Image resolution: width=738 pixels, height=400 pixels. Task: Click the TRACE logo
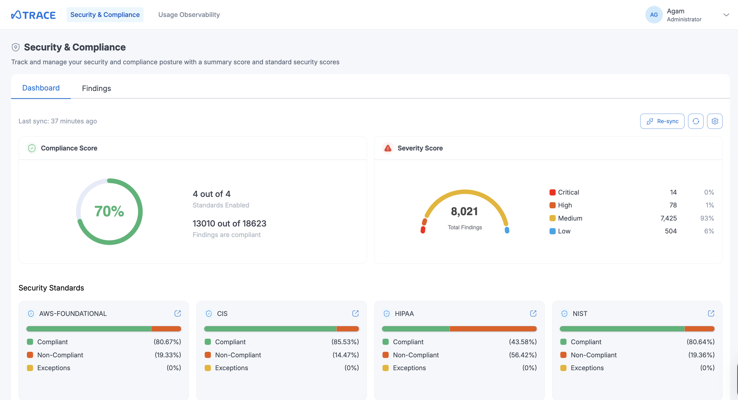pyautogui.click(x=33, y=15)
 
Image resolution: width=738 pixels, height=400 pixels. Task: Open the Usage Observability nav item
pyautogui.click(x=189, y=15)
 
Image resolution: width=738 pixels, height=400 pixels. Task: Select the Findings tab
pyautogui.click(x=96, y=88)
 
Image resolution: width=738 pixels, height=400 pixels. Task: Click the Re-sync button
pyautogui.click(x=662, y=121)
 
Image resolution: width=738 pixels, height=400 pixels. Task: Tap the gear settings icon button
pyautogui.click(x=715, y=121)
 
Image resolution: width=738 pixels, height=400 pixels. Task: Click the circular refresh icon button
pyautogui.click(x=696, y=121)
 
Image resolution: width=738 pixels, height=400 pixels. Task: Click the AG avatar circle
pyautogui.click(x=654, y=15)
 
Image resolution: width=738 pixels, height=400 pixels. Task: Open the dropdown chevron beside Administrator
pyautogui.click(x=726, y=15)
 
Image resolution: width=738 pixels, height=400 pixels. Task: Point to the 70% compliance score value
pyautogui.click(x=109, y=212)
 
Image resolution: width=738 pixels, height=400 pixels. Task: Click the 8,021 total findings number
pyautogui.click(x=464, y=212)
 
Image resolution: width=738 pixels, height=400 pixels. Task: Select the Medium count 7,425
pyautogui.click(x=668, y=218)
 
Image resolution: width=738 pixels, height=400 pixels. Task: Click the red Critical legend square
pyautogui.click(x=552, y=192)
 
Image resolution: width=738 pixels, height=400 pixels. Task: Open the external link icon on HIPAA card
pyautogui.click(x=533, y=314)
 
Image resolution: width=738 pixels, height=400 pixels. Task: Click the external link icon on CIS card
pyautogui.click(x=355, y=314)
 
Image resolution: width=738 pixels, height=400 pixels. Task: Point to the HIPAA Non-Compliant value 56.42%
pyautogui.click(x=523, y=355)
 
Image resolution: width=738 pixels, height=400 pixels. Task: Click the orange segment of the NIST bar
pyautogui.click(x=699, y=329)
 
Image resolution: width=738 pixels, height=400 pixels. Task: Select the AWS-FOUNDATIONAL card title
pyautogui.click(x=73, y=314)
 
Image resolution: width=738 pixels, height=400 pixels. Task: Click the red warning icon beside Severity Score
pyautogui.click(x=388, y=148)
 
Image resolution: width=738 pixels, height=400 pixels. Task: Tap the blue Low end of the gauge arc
pyautogui.click(x=507, y=230)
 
